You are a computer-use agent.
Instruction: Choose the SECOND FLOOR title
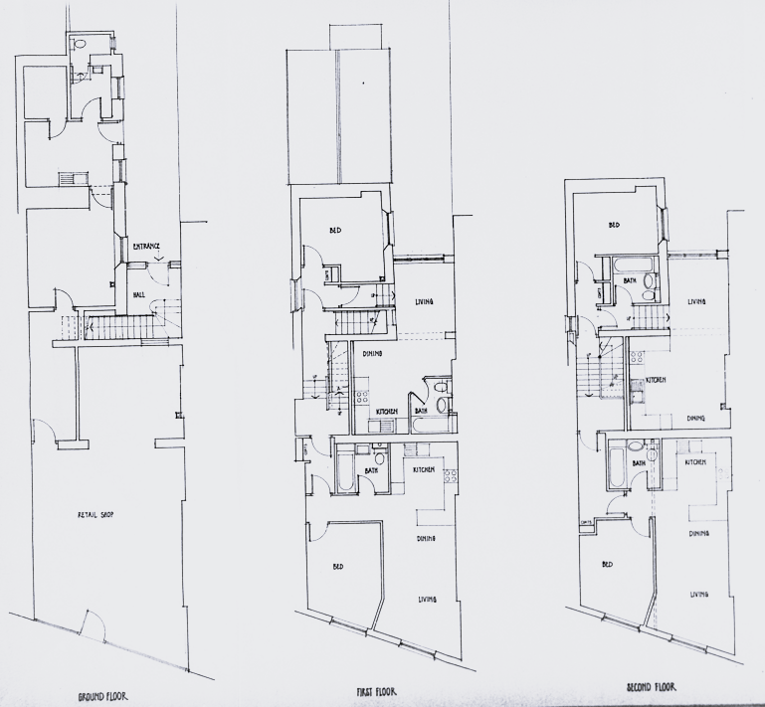652,686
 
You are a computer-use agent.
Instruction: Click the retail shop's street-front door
92,625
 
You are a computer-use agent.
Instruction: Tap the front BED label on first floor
338,567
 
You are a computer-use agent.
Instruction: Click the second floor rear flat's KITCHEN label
656,380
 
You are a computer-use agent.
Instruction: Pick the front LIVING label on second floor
699,595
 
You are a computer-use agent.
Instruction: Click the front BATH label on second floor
642,461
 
